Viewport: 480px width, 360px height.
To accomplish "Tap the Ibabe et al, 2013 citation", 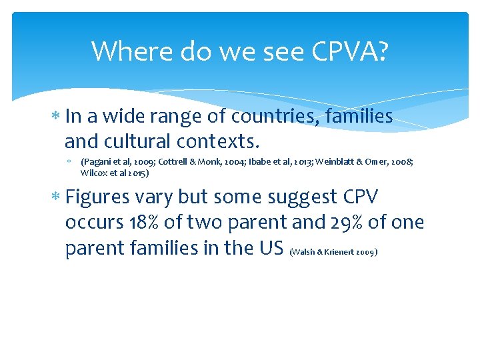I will tap(279, 162).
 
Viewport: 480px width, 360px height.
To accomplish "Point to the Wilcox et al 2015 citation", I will tap(113, 173).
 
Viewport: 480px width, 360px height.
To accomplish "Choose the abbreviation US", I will tap(272, 247).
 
